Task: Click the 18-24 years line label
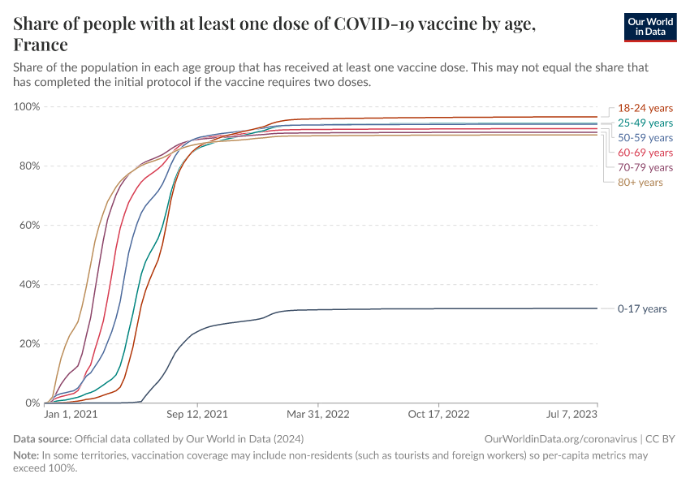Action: click(645, 108)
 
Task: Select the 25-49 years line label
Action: click(645, 123)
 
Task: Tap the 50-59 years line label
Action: click(645, 138)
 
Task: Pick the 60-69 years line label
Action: click(645, 153)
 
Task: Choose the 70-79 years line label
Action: click(645, 167)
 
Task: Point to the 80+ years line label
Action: click(640, 182)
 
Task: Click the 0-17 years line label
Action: click(642, 308)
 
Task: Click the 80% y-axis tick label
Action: click(29, 166)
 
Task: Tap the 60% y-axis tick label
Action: click(29, 226)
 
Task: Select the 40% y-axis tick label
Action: click(29, 285)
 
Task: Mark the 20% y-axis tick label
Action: click(29, 344)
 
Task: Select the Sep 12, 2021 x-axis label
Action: click(197, 414)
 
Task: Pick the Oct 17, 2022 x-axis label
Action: click(438, 414)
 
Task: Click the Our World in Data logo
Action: click(649, 27)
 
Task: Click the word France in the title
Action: click(41, 44)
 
